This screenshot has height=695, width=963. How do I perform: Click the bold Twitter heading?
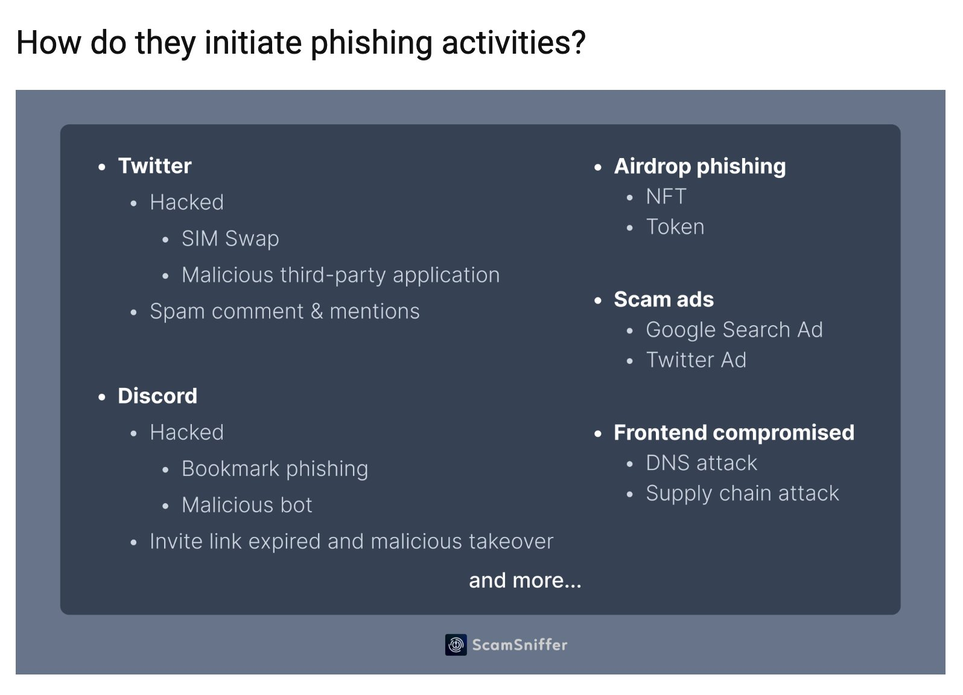coord(154,166)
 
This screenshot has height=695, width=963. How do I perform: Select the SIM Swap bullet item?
coord(230,239)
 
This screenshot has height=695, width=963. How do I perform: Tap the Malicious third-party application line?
coord(340,275)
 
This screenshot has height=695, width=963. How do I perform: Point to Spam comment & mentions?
coord(284,311)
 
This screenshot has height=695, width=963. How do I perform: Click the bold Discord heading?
coord(157,396)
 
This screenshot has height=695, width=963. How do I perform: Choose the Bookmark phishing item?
coord(275,469)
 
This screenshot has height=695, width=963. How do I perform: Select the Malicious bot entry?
coord(247,505)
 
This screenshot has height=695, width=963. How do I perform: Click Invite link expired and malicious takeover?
coord(351,542)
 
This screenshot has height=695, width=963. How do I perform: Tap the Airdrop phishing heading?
coord(699,167)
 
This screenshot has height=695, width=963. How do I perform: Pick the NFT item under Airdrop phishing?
coord(666,197)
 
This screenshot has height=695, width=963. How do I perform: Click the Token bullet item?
coord(675,227)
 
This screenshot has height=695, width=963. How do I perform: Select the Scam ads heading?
coord(663,300)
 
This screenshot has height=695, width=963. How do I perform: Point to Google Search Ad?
coord(734,330)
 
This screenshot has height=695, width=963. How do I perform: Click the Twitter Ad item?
coord(696,360)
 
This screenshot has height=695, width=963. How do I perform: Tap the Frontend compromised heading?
coord(734,433)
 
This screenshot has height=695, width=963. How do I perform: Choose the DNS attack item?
coord(701,463)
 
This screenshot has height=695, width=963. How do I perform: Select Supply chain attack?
coord(742,493)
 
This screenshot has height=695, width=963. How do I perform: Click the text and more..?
coord(525,580)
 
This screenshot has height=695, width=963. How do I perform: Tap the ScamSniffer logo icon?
coord(456,645)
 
